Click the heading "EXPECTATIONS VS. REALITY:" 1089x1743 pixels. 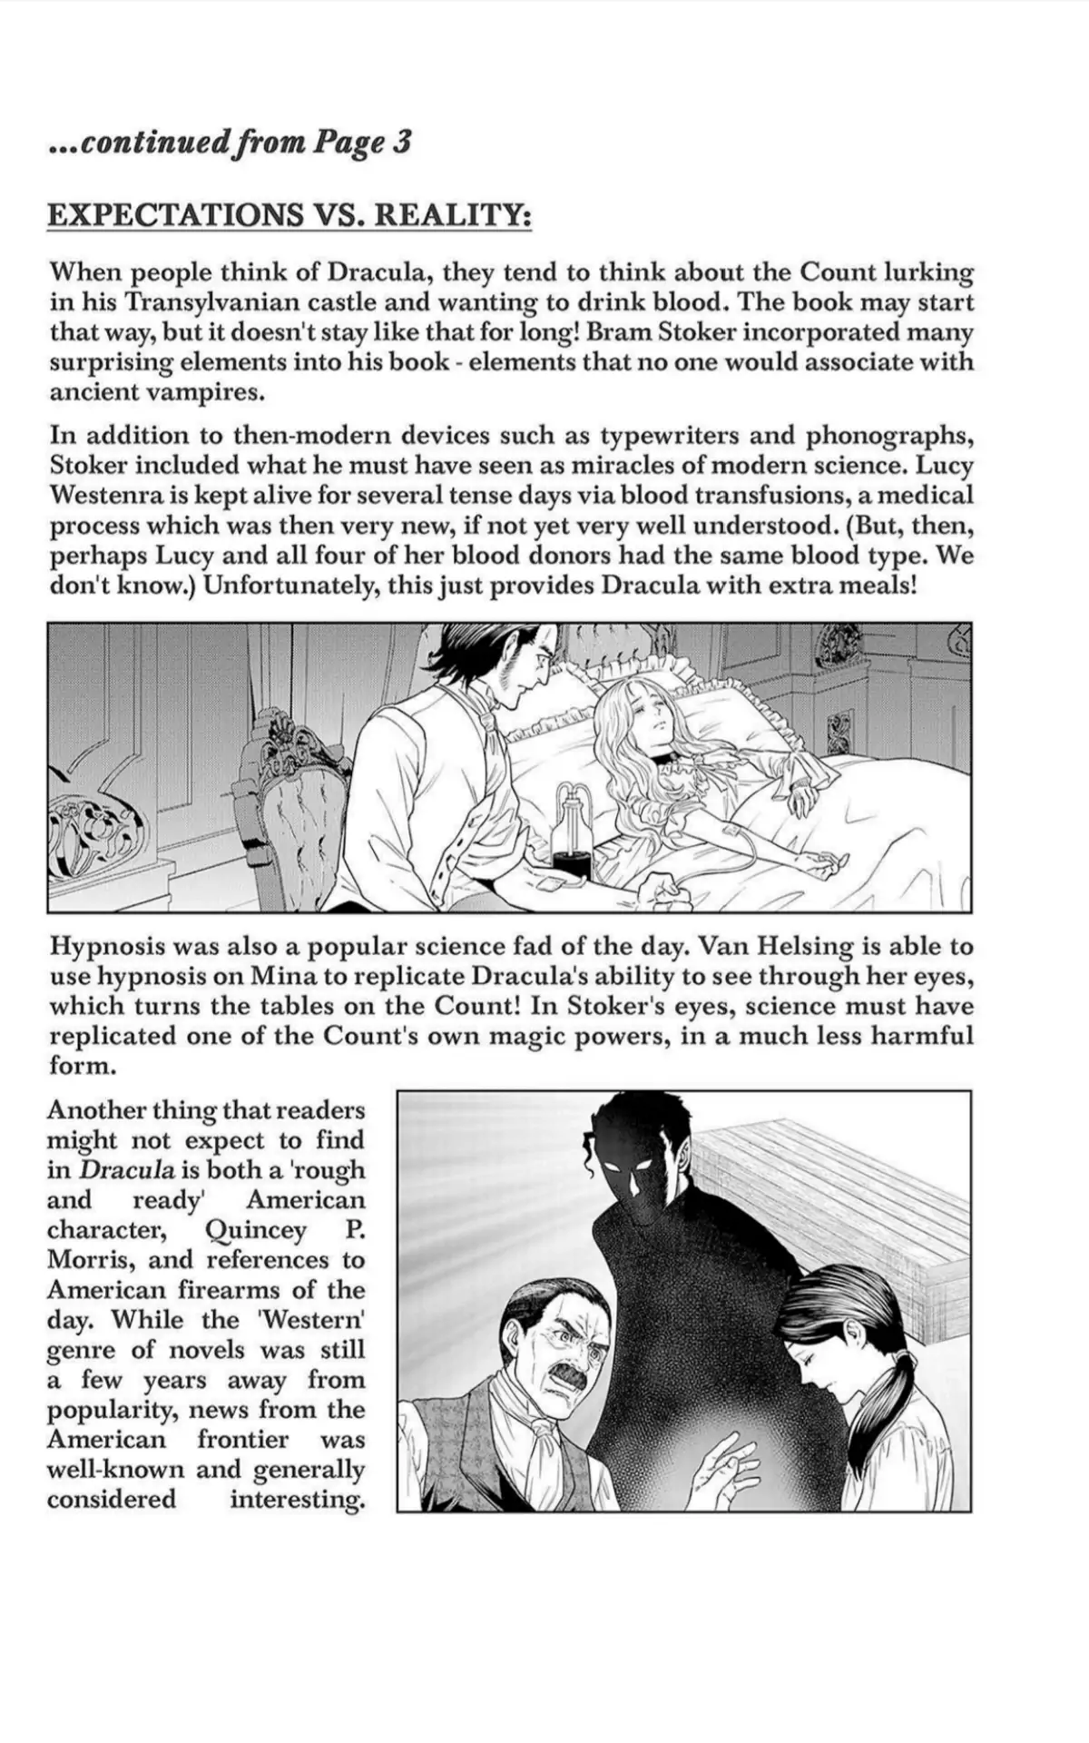[289, 215]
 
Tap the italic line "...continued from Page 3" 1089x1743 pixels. [230, 143]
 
